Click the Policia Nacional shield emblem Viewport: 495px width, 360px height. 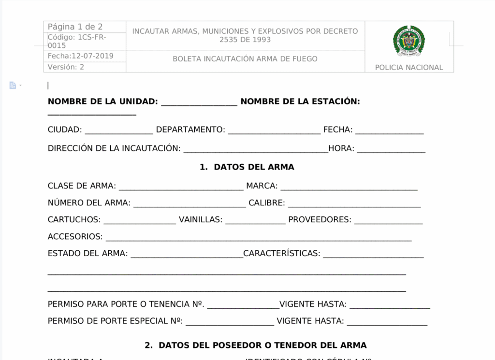[409, 42]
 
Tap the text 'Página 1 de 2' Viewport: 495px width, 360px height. [75, 27]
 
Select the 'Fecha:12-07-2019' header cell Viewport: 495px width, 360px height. [81, 56]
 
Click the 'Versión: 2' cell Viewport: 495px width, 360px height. [66, 67]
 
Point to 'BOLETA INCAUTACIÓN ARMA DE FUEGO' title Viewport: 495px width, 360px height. [245, 59]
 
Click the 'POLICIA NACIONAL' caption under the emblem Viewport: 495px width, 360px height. [409, 68]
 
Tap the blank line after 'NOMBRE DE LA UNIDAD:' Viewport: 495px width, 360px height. [199, 102]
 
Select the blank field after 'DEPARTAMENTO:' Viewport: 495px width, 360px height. [274, 131]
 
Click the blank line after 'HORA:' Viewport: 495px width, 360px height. [391, 149]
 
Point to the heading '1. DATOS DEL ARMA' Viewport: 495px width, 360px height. [247, 167]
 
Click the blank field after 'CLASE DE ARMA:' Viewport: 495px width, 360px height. [181, 187]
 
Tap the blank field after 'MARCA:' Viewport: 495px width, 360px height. [349, 187]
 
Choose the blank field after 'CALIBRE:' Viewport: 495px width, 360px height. [354, 204]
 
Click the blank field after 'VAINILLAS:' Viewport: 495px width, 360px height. [255, 221]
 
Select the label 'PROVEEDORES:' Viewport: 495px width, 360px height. [320, 220]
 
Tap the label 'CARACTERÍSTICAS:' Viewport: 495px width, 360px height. [282, 254]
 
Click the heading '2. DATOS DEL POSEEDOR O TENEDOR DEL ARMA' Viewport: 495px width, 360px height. [256, 346]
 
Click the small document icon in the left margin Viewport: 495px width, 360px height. [13, 86]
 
